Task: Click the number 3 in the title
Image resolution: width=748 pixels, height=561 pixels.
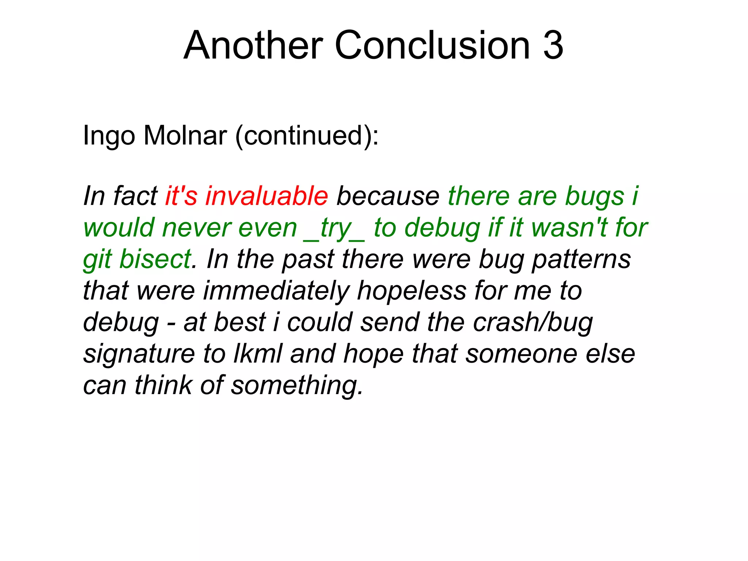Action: (553, 45)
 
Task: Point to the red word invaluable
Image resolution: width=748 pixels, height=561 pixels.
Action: (267, 196)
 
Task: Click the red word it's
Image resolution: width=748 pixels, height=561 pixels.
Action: (181, 196)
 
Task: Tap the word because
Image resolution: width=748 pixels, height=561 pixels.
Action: (388, 196)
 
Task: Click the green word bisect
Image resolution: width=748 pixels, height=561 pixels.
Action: (155, 259)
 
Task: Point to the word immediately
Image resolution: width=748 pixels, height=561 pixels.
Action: (276, 291)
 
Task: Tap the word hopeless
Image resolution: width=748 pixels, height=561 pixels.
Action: (412, 291)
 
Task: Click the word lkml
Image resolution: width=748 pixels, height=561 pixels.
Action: (258, 354)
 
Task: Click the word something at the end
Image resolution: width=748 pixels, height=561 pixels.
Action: (297, 386)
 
